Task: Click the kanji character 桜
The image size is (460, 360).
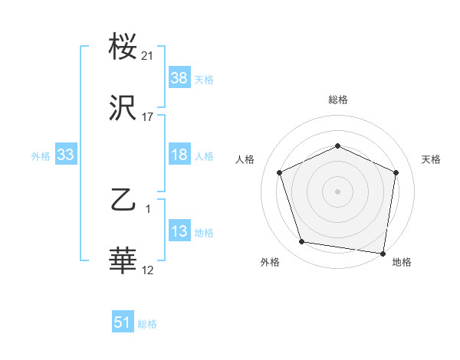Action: (123, 47)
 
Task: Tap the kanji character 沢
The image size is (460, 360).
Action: (123, 108)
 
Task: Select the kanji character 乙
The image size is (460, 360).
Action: (123, 200)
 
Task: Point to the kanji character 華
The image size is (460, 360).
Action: (123, 261)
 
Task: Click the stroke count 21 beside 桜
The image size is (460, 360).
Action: (148, 56)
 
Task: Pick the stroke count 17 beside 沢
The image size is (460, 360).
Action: (148, 117)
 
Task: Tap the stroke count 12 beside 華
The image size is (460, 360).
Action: (148, 270)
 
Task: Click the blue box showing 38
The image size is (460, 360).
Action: (179, 78)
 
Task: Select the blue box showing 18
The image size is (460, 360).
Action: (179, 155)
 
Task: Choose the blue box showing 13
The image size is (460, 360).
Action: (179, 231)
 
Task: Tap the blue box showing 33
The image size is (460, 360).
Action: (65, 155)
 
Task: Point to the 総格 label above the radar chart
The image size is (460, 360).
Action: (338, 100)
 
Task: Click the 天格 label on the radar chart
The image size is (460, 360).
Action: (431, 159)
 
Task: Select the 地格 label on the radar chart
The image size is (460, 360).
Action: (402, 262)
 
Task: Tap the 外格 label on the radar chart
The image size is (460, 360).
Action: (270, 262)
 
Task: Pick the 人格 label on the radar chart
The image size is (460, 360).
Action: (245, 159)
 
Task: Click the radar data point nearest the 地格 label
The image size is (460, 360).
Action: (383, 253)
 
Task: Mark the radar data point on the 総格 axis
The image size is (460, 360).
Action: (337, 146)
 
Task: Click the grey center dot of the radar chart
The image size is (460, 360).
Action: (337, 191)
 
